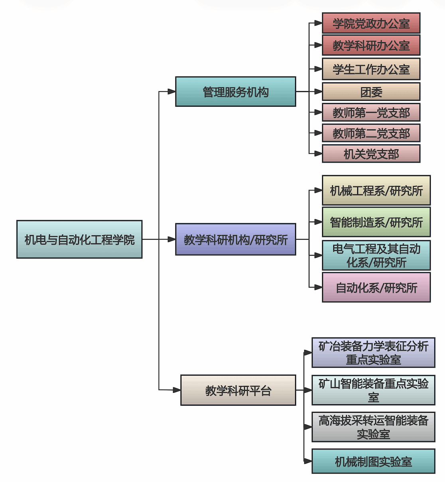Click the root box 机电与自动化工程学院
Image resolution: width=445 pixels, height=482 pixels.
click(x=79, y=239)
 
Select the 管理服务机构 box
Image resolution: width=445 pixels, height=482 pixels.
click(x=236, y=92)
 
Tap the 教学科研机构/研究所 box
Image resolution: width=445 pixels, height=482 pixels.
click(x=236, y=239)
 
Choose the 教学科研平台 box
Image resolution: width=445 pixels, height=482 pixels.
click(x=238, y=390)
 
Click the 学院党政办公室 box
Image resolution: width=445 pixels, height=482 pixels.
click(x=371, y=23)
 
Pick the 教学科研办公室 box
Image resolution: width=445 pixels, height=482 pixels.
click(x=371, y=45)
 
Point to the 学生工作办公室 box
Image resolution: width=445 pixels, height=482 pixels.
click(x=371, y=69)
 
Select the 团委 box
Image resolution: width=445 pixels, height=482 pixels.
click(x=371, y=92)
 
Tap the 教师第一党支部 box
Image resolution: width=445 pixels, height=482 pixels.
click(x=371, y=113)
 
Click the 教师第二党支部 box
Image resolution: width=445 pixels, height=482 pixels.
click(x=371, y=133)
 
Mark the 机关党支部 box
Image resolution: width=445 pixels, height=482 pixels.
click(x=371, y=154)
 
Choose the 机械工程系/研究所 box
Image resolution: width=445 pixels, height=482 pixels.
click(x=376, y=190)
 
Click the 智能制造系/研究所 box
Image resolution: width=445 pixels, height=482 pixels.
click(x=376, y=222)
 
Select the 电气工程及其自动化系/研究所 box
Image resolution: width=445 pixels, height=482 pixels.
click(x=376, y=255)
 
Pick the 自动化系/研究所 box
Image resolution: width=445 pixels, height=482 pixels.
click(x=376, y=287)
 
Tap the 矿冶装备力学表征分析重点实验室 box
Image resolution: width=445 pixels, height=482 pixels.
click(x=373, y=353)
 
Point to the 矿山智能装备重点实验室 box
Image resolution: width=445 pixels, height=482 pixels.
click(x=373, y=390)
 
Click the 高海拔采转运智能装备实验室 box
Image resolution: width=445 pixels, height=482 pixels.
click(x=373, y=427)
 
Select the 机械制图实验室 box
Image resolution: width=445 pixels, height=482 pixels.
click(x=373, y=461)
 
